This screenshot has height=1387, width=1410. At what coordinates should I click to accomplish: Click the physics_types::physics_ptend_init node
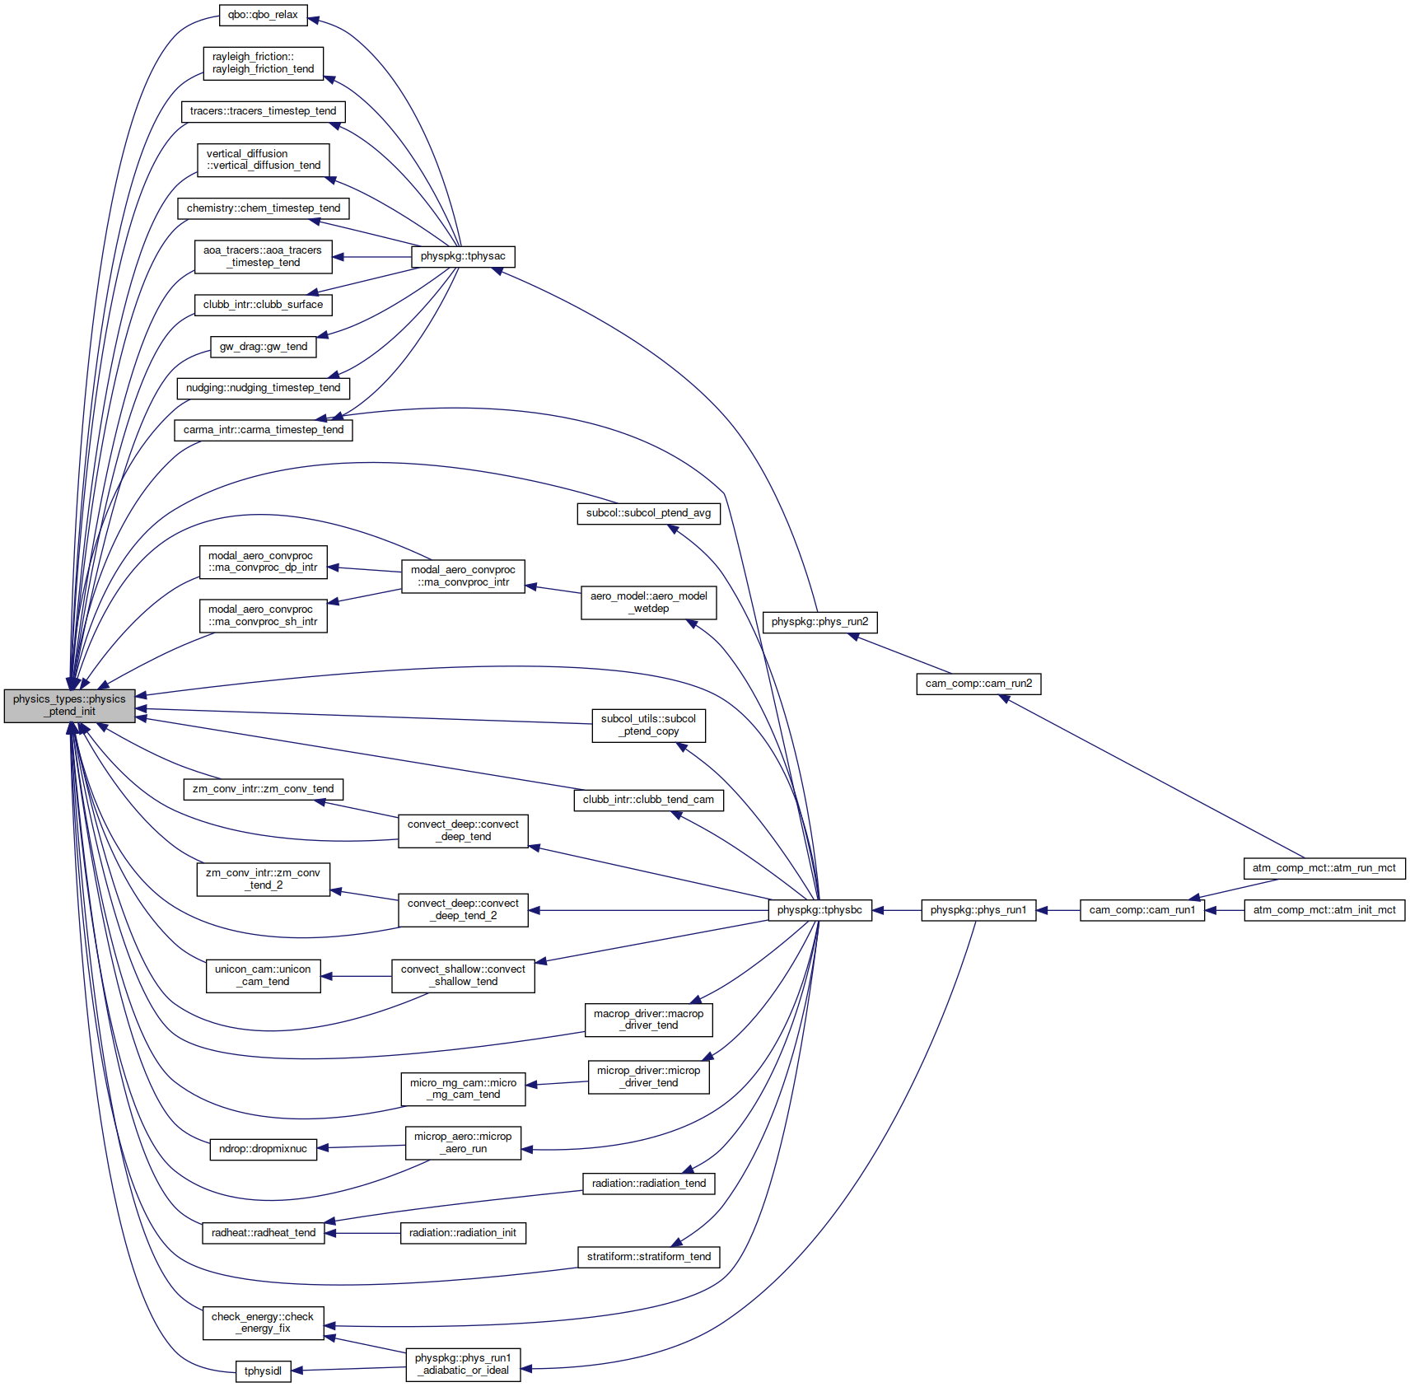coord(69,706)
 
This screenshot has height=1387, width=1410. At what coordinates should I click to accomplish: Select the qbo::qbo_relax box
coord(263,15)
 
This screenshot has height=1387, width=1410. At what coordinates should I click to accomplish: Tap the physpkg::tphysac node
coord(463,256)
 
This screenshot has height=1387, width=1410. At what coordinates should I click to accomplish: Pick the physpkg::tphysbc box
coord(819,910)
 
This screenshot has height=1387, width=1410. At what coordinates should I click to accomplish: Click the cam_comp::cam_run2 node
coord(978,684)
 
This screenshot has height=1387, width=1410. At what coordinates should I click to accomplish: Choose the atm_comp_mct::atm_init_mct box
coord(1324,910)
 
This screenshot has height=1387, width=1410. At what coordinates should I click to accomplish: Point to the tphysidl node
coord(263,1371)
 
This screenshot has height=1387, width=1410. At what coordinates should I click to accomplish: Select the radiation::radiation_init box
coord(463,1233)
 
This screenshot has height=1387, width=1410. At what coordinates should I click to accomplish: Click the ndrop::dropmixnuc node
coord(263,1149)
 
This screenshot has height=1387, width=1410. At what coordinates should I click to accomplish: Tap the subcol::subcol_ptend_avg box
coord(648,513)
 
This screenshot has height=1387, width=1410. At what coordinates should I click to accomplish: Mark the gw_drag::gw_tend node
coord(264,347)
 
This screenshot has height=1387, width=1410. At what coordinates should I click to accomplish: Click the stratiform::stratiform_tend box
coord(649,1257)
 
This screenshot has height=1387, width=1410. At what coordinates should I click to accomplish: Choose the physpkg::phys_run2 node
coord(819,622)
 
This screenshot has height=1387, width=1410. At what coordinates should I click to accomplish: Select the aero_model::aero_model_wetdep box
coord(649,602)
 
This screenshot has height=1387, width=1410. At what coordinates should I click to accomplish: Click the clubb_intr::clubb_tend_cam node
coord(648,800)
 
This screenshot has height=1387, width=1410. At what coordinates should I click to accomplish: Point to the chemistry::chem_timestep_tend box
coord(264,208)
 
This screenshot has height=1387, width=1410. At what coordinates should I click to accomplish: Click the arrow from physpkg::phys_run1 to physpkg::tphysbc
coord(896,910)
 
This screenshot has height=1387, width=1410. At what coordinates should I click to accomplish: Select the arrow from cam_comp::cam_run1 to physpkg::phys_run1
coord(1058,910)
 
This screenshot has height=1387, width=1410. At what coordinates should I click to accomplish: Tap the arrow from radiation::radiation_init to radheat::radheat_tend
coord(362,1233)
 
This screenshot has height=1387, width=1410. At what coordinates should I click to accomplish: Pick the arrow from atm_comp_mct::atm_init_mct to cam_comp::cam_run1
coord(1225,910)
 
